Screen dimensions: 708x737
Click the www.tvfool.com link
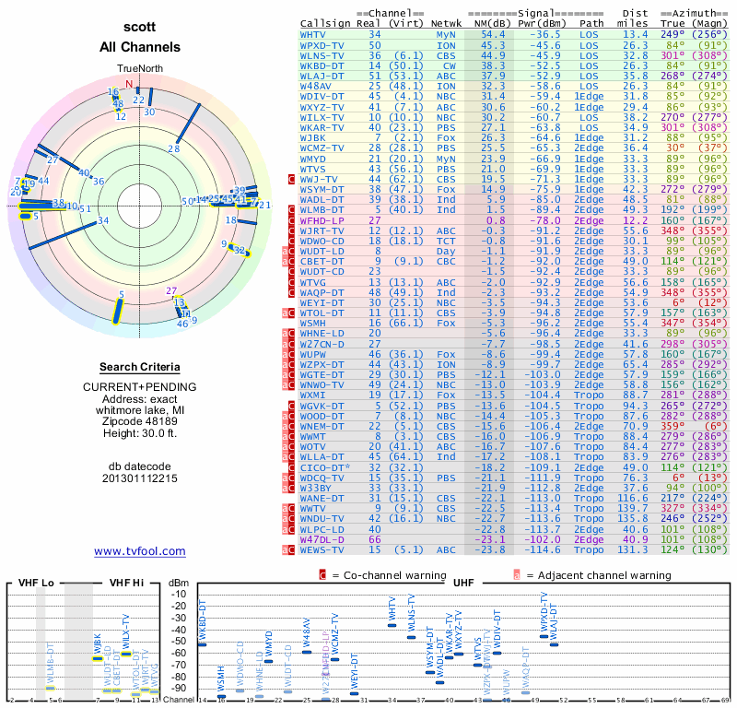139,551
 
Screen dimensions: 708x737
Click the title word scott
139,29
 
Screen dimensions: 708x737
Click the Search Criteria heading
139,367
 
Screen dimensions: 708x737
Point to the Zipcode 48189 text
139,416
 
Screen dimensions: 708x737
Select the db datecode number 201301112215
139,478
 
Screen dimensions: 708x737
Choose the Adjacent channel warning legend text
599,574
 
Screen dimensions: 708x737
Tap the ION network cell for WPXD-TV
446,44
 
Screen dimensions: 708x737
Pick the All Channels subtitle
139,47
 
